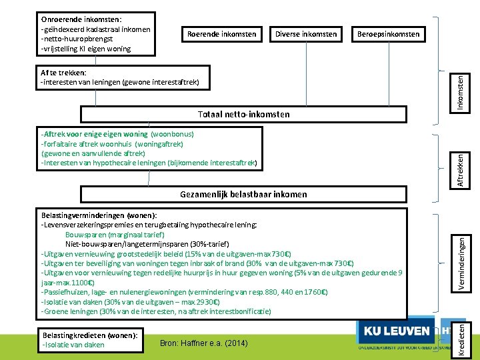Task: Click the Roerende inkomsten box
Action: pos(221,34)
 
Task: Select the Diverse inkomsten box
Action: pos(305,34)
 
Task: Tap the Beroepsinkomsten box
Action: pos(389,34)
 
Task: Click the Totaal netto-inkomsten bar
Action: pos(243,114)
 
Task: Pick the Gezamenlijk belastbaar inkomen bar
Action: pos(243,194)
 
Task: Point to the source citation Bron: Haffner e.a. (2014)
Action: pos(205,343)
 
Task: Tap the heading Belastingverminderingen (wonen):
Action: pos(99,215)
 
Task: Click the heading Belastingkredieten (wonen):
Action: pos(89,335)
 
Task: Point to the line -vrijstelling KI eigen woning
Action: pos(86,49)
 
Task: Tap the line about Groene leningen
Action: pos(156,311)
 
